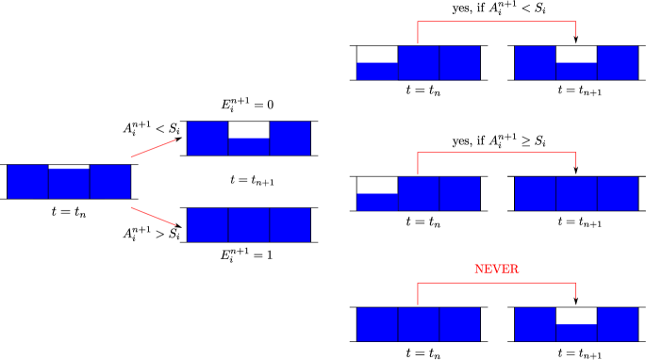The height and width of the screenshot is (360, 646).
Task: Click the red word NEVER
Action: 496,270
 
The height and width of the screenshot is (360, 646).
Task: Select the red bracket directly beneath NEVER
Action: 496,283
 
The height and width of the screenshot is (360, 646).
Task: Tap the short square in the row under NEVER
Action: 576,332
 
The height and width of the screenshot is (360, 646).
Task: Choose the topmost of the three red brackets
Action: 496,22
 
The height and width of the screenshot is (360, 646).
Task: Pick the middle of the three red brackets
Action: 496,153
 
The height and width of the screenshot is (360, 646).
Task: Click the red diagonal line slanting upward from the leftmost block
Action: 153,148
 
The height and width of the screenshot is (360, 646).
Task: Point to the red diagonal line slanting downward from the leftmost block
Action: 153,216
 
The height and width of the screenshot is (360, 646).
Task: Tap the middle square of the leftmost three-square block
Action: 69,183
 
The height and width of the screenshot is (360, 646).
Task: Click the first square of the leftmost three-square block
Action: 27,182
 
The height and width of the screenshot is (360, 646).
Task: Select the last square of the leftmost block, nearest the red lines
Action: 109,182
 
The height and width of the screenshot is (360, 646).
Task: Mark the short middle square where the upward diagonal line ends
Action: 249,146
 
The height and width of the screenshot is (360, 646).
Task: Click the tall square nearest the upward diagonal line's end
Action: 207,138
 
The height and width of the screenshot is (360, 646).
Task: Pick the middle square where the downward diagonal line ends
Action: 249,225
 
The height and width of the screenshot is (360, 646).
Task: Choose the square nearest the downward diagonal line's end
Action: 207,225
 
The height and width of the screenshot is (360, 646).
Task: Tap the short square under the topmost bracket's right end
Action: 576,71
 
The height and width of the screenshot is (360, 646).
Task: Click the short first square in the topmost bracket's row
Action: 377,71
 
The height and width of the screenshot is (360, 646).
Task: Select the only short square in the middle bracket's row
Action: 377,202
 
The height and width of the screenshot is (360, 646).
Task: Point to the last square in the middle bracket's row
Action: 618,193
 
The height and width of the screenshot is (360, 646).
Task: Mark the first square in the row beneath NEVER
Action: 377,324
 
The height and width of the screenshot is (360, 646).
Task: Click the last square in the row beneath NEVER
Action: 618,324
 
